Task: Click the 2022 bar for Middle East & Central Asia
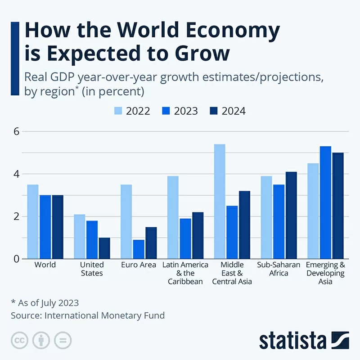(220, 201)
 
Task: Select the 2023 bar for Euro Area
(139, 249)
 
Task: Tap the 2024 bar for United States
(104, 248)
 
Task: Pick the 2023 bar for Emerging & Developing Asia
(325, 202)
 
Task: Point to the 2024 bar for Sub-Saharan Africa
(291, 215)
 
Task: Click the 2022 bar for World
(33, 221)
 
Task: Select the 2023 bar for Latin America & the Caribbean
(185, 238)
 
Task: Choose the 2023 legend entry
(179, 111)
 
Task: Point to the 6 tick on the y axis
(16, 131)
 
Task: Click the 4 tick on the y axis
(16, 174)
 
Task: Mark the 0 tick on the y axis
(16, 259)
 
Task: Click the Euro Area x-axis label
(139, 265)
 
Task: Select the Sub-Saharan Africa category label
(279, 269)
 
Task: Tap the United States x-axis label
(92, 269)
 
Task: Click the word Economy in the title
(231, 31)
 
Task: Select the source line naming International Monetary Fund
(88, 315)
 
